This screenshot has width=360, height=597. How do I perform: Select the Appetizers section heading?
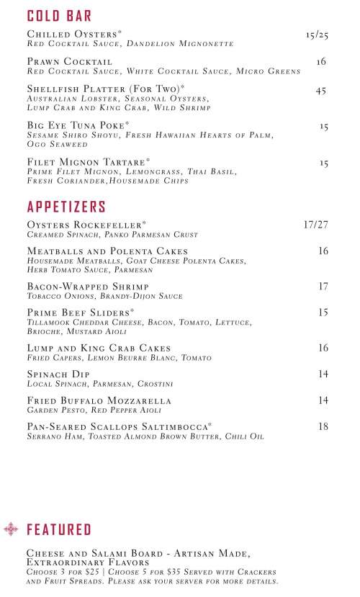(66, 207)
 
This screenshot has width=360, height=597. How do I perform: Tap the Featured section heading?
(59, 531)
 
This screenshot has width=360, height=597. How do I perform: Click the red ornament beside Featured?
(12, 530)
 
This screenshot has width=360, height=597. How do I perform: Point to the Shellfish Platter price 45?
(322, 91)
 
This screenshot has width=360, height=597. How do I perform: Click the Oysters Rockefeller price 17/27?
(316, 225)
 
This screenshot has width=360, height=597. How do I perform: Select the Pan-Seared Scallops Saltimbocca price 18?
(323, 426)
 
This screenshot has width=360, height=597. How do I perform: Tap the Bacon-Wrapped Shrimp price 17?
(323, 286)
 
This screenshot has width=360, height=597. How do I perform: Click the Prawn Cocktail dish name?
(69, 62)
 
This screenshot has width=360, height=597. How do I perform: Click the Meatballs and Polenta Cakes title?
(107, 251)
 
